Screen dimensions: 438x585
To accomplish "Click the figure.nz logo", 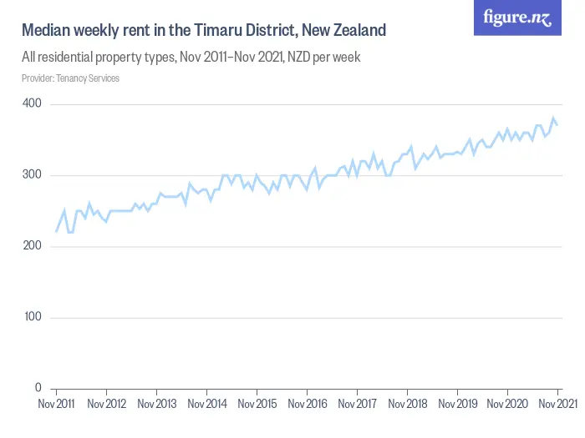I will pos(517,18).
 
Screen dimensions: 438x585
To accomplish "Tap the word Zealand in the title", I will pos(358,31).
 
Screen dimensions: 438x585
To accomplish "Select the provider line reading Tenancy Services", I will pos(70,78).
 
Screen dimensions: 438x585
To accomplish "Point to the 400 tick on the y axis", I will pos(33,103).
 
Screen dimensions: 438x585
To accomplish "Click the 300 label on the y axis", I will pos(33,175).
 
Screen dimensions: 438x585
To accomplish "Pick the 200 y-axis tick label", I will pos(33,246).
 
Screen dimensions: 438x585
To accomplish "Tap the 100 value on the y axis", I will pos(33,317).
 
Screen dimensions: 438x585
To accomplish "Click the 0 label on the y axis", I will pos(38,388).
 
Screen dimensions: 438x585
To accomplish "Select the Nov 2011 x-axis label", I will pos(56,405).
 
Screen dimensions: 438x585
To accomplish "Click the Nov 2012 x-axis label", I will pos(106,405).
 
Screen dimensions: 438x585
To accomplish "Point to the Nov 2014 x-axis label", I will pos(206,405).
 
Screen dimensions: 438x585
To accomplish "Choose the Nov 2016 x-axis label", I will pos(307,405).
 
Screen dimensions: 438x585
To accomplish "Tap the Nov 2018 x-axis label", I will pos(407,405).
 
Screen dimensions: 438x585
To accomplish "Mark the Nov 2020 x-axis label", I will pos(507,405).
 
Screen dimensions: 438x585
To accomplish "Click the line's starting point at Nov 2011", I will pos(56,232).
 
